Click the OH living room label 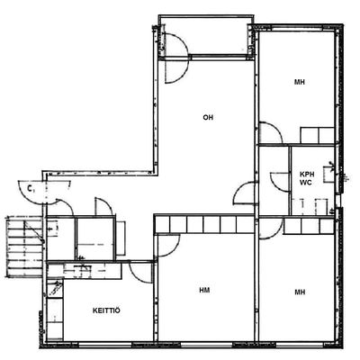[208, 117]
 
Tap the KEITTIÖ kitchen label [106, 310]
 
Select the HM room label [204, 290]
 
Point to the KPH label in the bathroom [306, 174]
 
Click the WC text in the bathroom [306, 182]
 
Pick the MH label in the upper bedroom [300, 82]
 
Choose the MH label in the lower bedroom [300, 292]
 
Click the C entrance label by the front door [30, 188]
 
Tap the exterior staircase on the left [24, 247]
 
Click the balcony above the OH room [205, 36]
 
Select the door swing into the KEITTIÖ [140, 273]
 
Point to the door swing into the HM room [167, 246]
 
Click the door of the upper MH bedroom [270, 133]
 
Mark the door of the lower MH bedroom [270, 229]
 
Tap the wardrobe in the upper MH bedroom [318, 135]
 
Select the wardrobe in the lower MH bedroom [309, 226]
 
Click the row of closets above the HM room [204, 224]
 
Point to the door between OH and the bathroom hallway [245, 193]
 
